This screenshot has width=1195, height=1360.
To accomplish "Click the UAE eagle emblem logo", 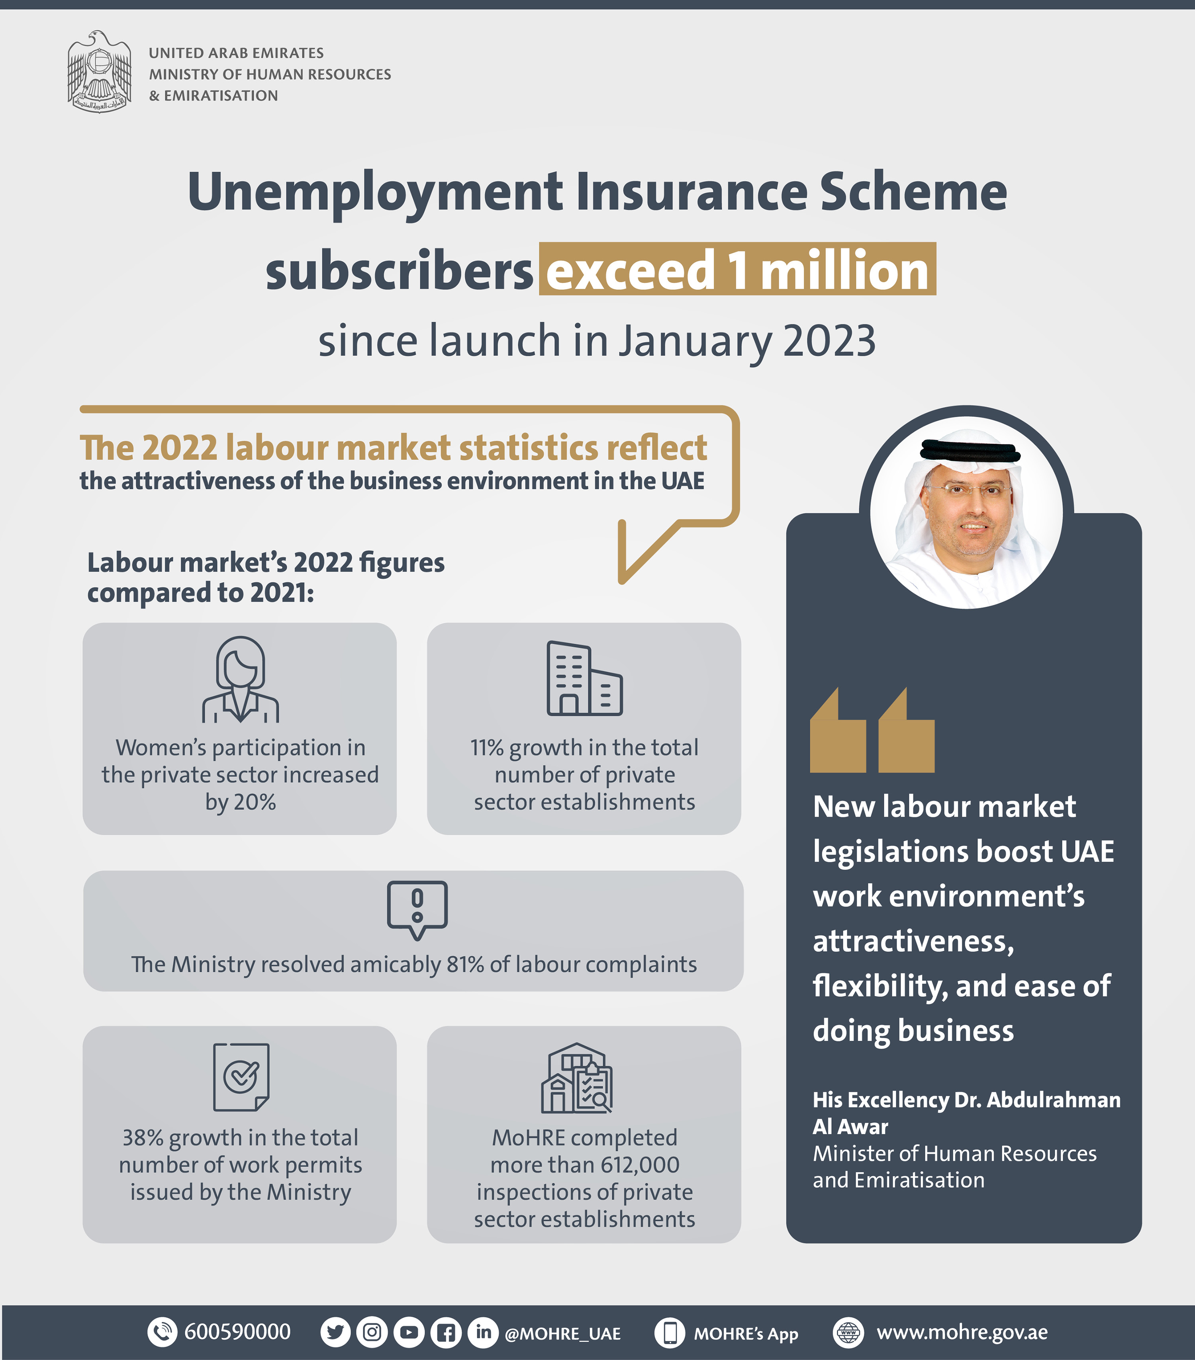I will point(99,72).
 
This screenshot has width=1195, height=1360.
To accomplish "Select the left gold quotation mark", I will point(838,731).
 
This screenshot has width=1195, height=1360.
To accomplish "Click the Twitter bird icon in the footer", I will point(335,1333).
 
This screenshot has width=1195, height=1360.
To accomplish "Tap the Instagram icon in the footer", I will point(372,1333).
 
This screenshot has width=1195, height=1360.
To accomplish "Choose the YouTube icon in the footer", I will point(408,1333).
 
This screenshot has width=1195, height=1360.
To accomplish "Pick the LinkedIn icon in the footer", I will point(483,1332).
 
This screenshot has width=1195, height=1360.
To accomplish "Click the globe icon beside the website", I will point(848,1333).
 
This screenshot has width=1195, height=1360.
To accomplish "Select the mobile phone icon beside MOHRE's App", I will point(670,1333).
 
